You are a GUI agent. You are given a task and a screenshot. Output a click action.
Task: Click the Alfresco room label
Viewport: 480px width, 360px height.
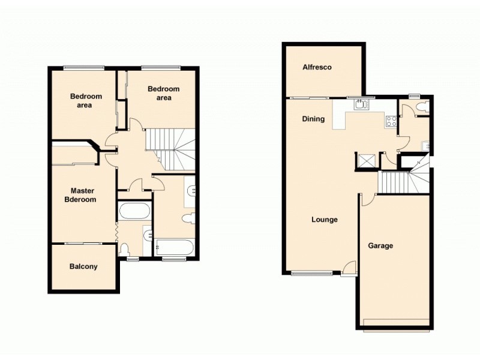317,68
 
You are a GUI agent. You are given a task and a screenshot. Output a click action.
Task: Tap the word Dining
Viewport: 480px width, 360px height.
313,119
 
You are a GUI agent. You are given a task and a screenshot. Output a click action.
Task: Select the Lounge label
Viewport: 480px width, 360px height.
324,220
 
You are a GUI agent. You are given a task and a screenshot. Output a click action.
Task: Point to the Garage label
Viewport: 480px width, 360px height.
380,245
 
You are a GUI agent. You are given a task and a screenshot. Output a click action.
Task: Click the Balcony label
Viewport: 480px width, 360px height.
83,266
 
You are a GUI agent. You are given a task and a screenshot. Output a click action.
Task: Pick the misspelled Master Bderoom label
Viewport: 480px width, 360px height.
81,195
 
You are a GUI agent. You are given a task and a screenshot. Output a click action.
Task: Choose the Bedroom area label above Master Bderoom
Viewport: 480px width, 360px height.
86,100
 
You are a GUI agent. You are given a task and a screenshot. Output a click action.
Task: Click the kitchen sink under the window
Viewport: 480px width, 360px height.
361,105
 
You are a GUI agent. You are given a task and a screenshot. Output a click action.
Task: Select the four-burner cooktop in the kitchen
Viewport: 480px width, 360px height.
391,121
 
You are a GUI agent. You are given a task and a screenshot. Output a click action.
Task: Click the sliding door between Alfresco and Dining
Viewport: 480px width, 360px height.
308,97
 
